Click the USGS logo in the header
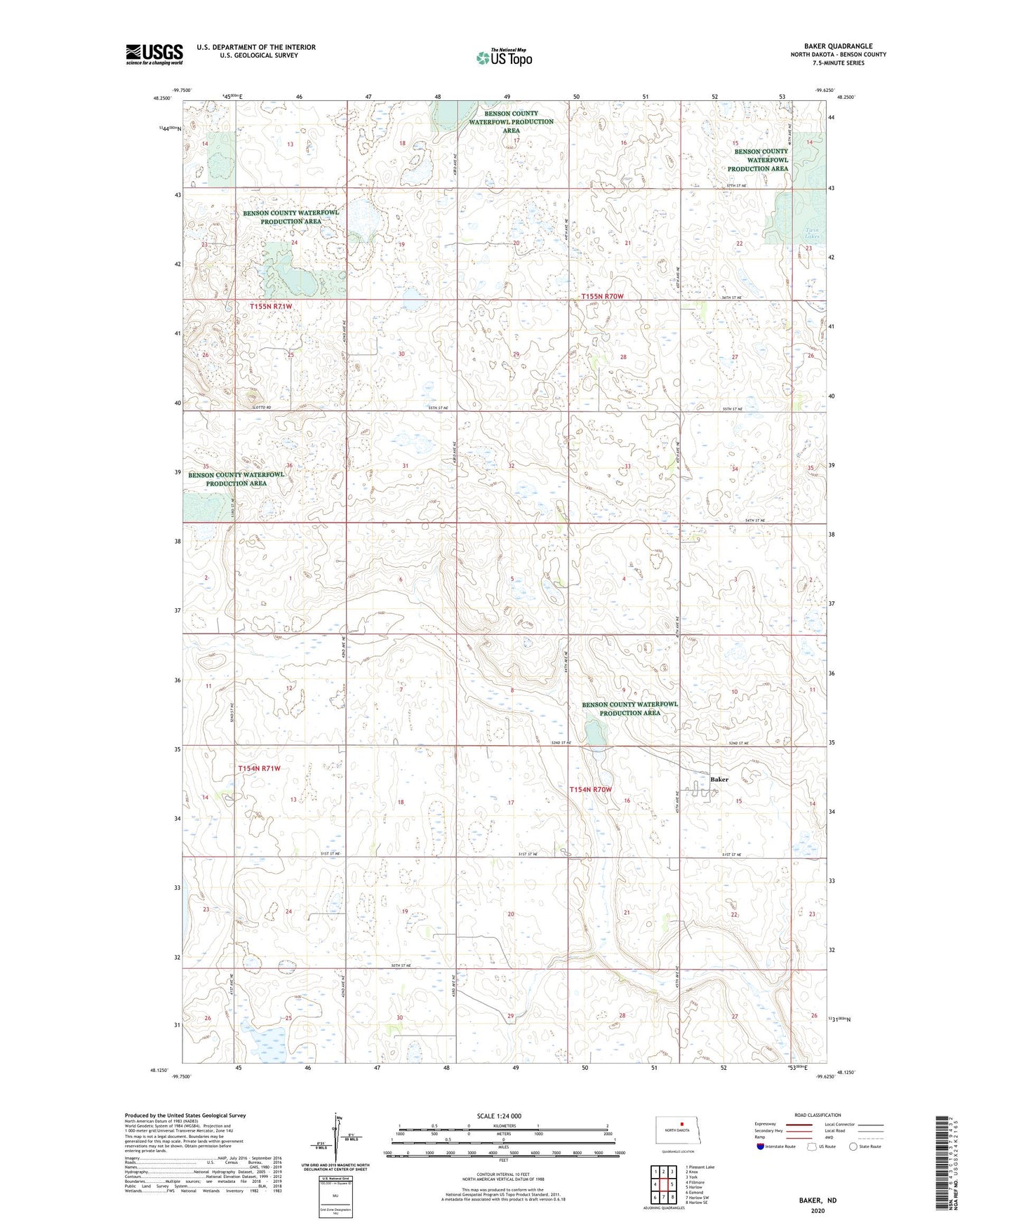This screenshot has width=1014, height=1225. coord(154,53)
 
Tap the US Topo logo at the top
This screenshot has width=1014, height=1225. coord(505,58)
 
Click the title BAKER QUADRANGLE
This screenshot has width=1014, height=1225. coord(838,46)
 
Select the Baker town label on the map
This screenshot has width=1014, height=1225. coord(719,779)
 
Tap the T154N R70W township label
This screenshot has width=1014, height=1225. coord(590,789)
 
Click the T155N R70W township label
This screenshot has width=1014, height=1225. coord(602,297)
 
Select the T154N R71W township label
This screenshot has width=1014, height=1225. coord(259,768)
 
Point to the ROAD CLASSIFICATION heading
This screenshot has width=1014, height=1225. coord(818,1115)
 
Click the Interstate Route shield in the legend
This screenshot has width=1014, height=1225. coord(761,1146)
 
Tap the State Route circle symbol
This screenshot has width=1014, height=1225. coord(853,1146)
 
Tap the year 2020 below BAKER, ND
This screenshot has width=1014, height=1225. coord(818,1210)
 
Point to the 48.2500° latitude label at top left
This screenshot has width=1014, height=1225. coord(161,99)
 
